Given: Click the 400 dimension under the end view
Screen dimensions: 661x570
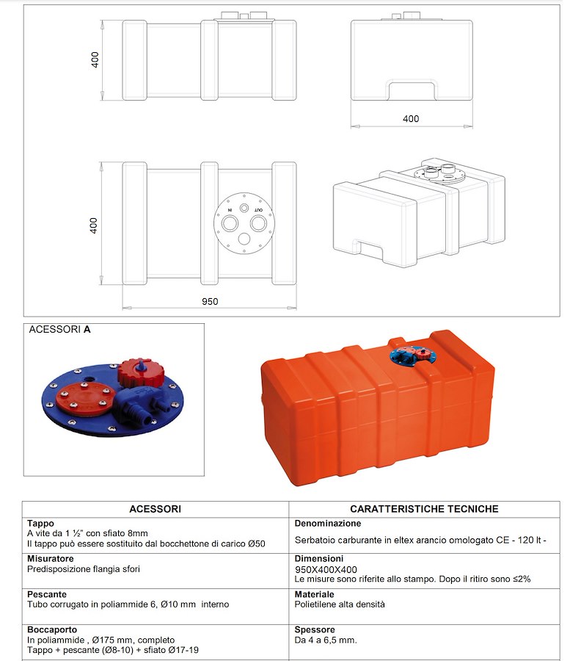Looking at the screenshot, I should point(411,119).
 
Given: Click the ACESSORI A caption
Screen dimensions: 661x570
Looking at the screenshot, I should point(59,330).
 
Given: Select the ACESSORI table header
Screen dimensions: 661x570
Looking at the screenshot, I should point(155,508).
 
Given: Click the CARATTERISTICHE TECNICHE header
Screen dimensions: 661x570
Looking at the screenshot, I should point(424,508).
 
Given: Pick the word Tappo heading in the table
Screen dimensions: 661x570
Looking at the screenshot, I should point(40,524).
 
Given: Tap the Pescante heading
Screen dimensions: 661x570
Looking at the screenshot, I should point(47,594).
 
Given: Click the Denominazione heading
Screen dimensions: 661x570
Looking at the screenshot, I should point(327,524).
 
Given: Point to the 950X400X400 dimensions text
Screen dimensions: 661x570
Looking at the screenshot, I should point(326,569).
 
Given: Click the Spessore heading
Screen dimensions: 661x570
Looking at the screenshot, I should point(315,629).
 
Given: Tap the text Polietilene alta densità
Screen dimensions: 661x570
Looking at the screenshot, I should point(339,604).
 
